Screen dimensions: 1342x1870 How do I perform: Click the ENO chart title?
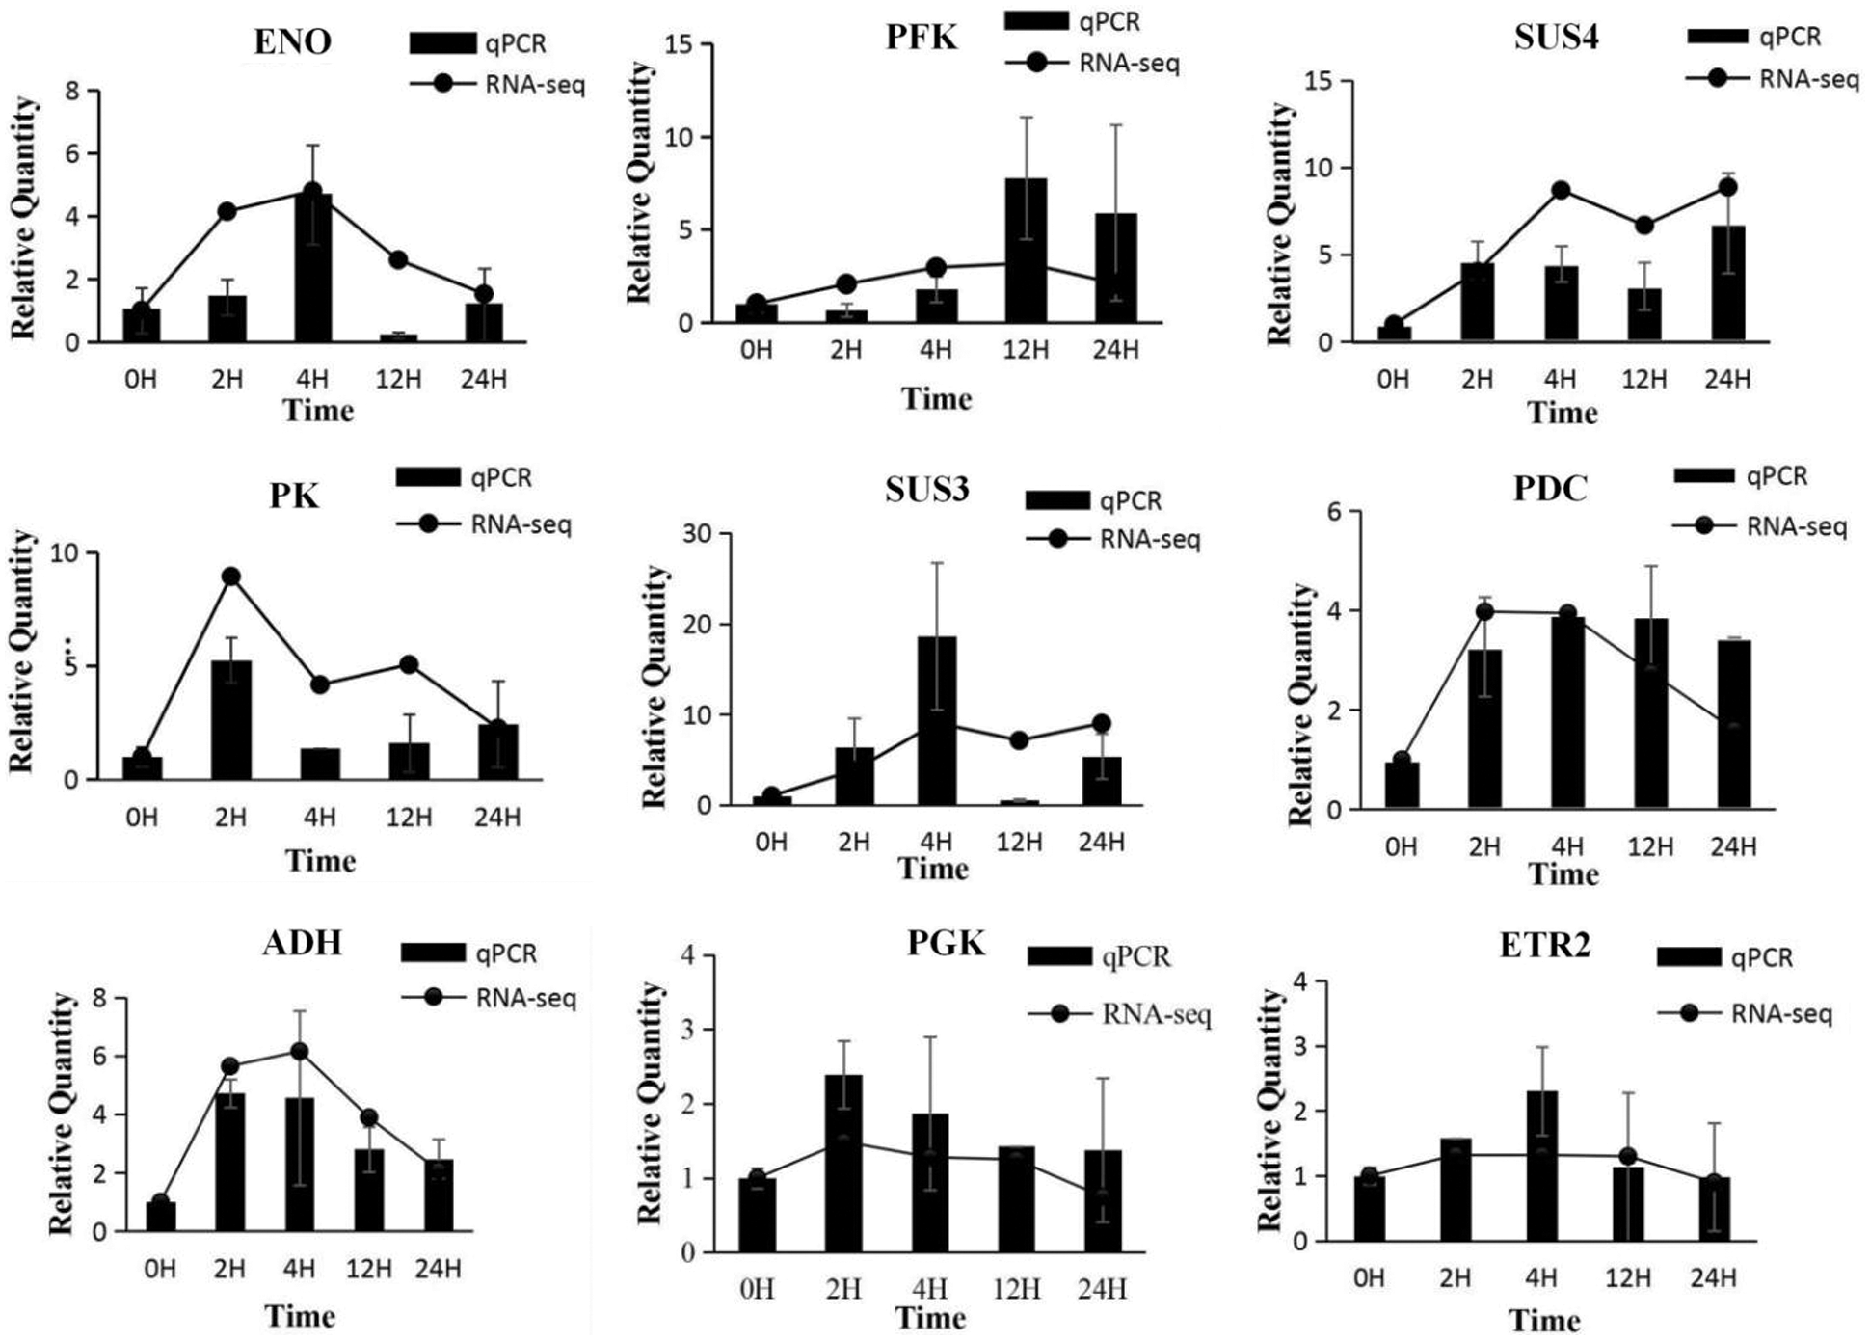(292, 41)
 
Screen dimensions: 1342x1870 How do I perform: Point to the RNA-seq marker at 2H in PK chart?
(230, 577)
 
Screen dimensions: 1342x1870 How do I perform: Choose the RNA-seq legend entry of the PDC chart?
(1760, 526)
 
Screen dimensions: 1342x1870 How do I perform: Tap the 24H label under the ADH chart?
(438, 1269)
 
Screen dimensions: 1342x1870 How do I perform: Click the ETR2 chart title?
(1544, 946)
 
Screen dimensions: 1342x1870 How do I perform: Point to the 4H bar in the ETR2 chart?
(1541, 1166)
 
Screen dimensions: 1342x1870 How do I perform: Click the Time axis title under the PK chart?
(320, 860)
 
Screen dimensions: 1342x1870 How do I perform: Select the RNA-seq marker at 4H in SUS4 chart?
(1561, 190)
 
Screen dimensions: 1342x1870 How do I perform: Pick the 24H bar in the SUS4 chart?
(1726, 283)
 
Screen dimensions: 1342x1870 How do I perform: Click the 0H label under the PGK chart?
(757, 1289)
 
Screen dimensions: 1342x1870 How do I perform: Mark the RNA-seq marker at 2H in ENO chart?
(227, 211)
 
